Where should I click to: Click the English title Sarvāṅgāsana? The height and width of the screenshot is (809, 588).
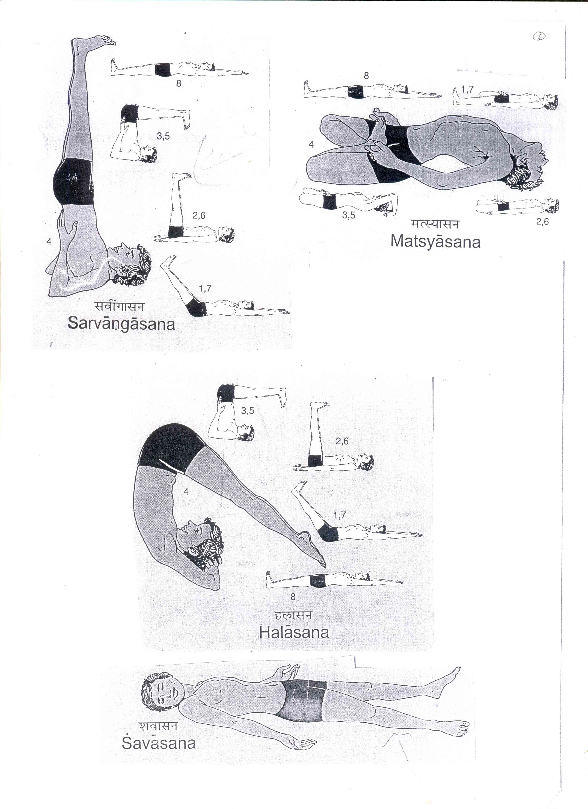point(121,324)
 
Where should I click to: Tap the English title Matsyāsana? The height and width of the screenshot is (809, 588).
point(435,242)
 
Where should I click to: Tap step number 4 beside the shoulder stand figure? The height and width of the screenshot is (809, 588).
point(49,242)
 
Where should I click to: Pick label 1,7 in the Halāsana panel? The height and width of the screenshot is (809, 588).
point(339,515)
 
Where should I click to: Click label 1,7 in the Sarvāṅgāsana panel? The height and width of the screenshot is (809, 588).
point(205,289)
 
